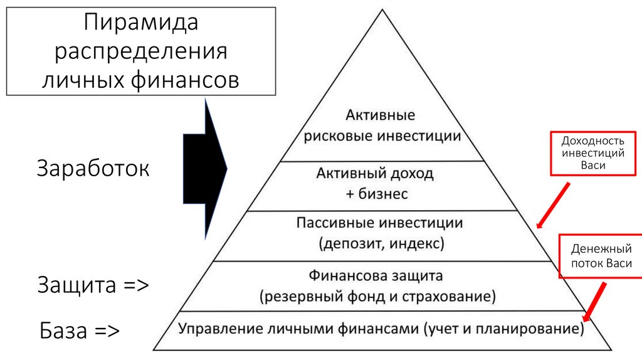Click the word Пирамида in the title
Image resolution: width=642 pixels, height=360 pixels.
click(x=141, y=23)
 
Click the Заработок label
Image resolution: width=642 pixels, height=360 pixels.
click(x=93, y=169)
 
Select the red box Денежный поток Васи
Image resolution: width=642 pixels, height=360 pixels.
click(x=601, y=257)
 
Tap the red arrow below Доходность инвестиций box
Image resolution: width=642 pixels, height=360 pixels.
click(x=553, y=204)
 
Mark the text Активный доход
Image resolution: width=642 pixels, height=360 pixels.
click(x=375, y=173)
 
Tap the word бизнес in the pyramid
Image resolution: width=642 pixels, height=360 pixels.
click(x=383, y=194)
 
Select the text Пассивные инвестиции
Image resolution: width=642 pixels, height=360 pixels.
click(x=379, y=223)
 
